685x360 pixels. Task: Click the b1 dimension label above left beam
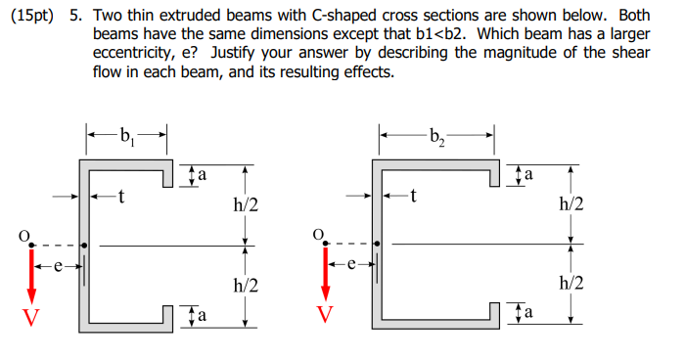(x=126, y=134)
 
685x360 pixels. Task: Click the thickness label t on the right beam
(x=414, y=197)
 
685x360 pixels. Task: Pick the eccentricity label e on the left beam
(x=58, y=264)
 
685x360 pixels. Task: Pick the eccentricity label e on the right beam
(x=351, y=264)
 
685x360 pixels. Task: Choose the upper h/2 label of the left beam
(x=246, y=204)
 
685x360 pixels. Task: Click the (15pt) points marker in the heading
(x=31, y=20)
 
